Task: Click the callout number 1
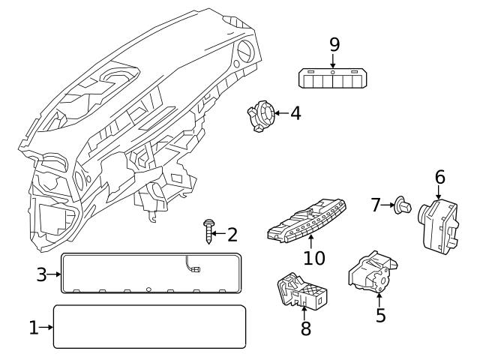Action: (x=33, y=327)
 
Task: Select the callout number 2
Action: (x=232, y=235)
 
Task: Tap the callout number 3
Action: (x=42, y=274)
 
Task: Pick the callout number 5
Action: (x=380, y=315)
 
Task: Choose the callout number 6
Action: (x=439, y=177)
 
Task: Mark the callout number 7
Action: (x=376, y=203)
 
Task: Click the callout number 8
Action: (x=305, y=328)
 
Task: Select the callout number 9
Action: (x=334, y=44)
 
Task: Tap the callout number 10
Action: (x=314, y=258)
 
